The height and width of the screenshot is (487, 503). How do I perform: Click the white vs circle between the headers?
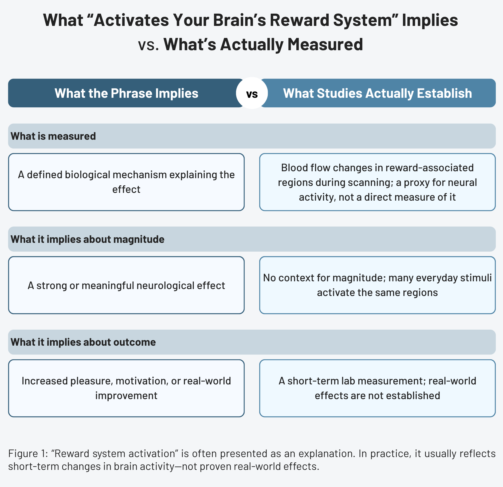[252, 93]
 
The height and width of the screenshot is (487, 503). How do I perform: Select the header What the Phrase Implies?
[126, 93]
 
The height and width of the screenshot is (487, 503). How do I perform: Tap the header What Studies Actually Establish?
[377, 93]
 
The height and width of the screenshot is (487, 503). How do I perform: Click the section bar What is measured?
[252, 136]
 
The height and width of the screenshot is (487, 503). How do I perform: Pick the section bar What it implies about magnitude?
[252, 239]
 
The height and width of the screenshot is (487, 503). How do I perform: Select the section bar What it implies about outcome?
[252, 342]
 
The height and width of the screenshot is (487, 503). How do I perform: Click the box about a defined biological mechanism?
[126, 182]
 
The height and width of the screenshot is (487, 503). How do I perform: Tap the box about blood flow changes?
[377, 182]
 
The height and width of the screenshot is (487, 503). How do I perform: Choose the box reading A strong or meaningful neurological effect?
[126, 285]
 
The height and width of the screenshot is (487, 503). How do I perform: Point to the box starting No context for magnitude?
[377, 285]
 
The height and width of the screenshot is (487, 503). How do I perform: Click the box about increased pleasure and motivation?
[126, 388]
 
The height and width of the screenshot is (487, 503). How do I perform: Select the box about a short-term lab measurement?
[377, 388]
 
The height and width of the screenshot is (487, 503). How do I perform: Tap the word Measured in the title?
[325, 44]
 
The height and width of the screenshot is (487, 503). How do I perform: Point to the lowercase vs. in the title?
[148, 45]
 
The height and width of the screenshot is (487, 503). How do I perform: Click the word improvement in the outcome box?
[126, 395]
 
